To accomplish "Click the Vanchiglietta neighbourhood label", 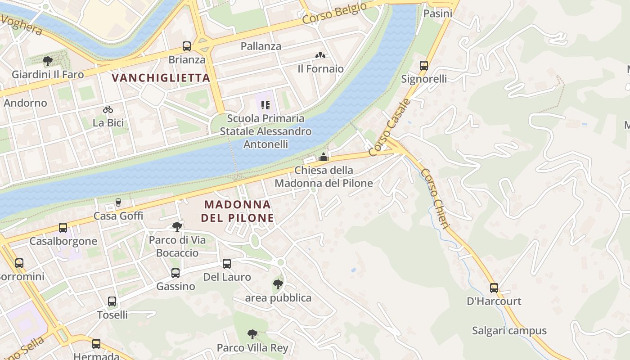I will click(161, 78).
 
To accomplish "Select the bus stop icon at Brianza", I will click(187, 46).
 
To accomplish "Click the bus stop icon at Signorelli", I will click(424, 66).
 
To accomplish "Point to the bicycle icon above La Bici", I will click(108, 109).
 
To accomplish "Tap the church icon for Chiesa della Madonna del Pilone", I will click(324, 157).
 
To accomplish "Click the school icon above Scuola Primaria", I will click(265, 105).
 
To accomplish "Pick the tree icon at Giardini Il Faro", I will click(48, 61).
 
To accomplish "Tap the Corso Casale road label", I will click(390, 127).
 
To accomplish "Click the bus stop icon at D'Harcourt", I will click(494, 288).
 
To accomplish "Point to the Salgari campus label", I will click(509, 331).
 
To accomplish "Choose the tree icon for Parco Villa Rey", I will click(252, 334).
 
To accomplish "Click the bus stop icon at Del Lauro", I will click(227, 264).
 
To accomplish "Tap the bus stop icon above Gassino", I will click(175, 273).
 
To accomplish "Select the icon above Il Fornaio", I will click(320, 56).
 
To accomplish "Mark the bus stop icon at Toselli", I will click(112, 301).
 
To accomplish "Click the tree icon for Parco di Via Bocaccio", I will click(177, 226).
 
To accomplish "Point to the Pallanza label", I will click(261, 46).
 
